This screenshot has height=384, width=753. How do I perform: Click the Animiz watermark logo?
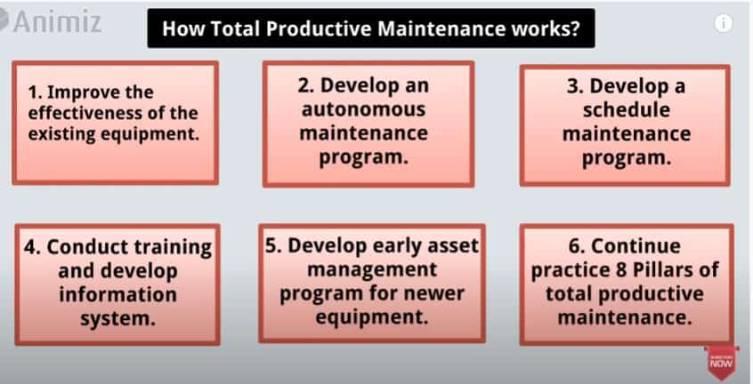point(51,22)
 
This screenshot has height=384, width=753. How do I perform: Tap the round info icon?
point(724,23)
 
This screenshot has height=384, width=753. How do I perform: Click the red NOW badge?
point(721,362)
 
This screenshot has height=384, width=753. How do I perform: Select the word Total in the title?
point(236,28)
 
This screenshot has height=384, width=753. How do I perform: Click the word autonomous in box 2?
point(363,109)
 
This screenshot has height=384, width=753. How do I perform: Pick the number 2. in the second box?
point(306,85)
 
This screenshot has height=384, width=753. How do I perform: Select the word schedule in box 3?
point(627,110)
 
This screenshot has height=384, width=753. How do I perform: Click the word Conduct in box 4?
point(87,247)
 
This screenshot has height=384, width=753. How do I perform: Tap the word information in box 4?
point(117,294)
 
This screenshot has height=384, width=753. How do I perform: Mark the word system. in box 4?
point(117,318)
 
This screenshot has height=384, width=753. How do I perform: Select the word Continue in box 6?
point(636,246)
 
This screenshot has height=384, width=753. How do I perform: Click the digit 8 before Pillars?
point(621,269)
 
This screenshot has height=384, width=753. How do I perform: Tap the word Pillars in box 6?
point(662,269)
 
